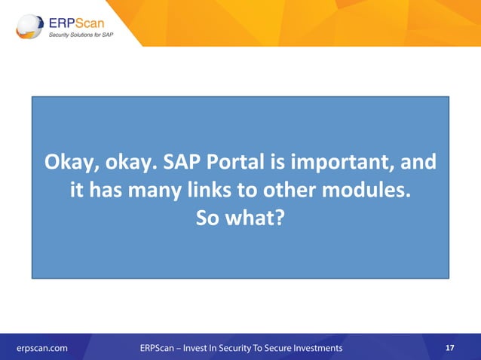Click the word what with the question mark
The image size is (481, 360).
[x=256, y=218]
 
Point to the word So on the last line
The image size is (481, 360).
[x=207, y=218]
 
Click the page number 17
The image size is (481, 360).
[x=449, y=348]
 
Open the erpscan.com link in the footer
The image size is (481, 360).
[x=42, y=348]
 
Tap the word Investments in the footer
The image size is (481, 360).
[x=313, y=348]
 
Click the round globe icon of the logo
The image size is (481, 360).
[x=29, y=26]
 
